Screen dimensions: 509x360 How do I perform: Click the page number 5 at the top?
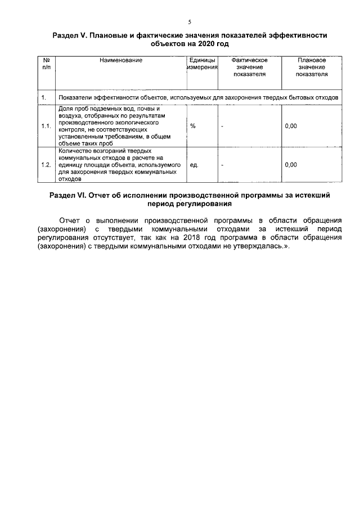[190, 22]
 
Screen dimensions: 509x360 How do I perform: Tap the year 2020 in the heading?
[206, 43]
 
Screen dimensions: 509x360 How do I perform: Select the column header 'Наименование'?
[121, 60]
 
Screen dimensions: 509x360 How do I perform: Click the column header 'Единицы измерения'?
[202, 64]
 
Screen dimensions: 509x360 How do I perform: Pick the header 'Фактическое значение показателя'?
[249, 66]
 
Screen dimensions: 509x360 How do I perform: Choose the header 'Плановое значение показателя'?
[312, 66]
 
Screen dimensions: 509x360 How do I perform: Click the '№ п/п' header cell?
[46, 64]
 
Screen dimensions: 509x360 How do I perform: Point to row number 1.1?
[46, 126]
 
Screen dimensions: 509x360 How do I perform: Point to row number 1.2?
[46, 165]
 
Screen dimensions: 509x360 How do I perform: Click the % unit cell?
[193, 126]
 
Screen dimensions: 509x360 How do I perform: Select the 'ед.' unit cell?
[195, 165]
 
